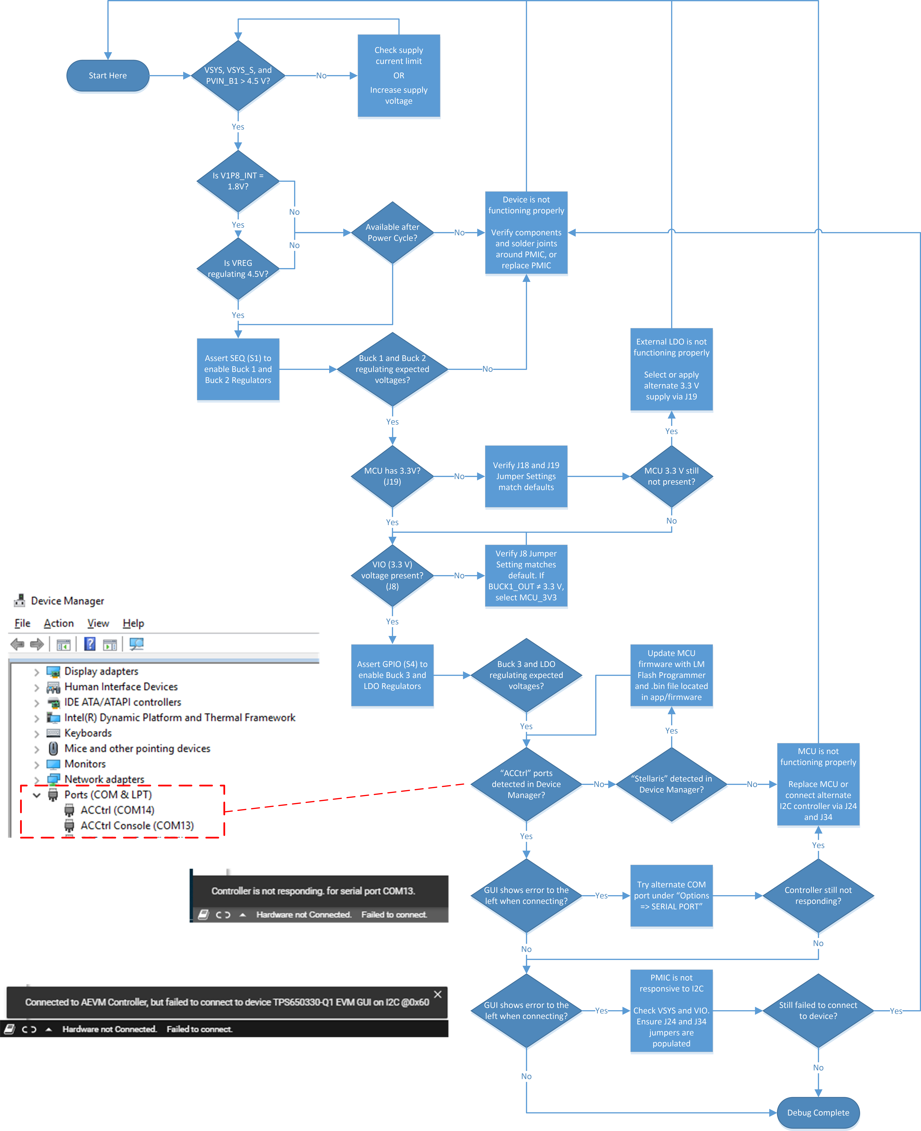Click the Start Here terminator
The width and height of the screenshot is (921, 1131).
click(108, 75)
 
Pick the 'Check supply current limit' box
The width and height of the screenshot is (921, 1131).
click(398, 75)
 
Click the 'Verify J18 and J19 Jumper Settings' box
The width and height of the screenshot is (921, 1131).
click(526, 476)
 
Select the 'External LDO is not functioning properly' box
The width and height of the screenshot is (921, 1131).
click(671, 369)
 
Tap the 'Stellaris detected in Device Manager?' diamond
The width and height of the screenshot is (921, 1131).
click(671, 784)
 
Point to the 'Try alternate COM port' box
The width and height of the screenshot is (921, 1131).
click(671, 895)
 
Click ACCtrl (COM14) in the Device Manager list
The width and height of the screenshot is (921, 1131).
click(117, 810)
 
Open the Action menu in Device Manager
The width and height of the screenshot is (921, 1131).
click(58, 623)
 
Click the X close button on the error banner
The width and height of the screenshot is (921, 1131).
click(438, 994)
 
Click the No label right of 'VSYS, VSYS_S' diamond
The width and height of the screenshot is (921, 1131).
click(321, 75)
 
